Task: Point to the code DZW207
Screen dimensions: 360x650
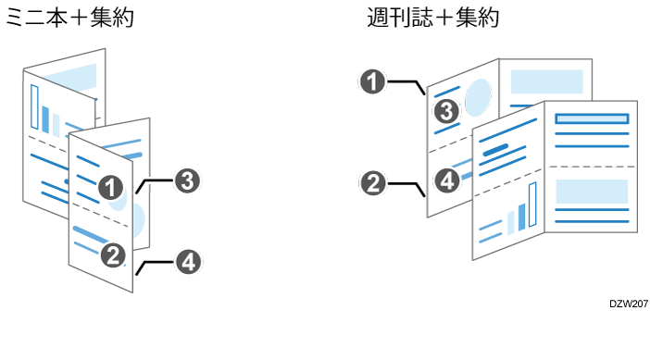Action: click(628, 303)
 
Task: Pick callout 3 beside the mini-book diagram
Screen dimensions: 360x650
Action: click(186, 181)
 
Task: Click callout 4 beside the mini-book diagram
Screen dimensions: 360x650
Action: click(186, 262)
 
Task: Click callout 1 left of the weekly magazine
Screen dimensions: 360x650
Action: click(371, 83)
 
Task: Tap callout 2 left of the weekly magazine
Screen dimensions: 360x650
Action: click(371, 182)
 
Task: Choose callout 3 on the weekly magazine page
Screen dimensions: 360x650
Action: click(446, 113)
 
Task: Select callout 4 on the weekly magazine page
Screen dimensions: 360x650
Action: click(446, 180)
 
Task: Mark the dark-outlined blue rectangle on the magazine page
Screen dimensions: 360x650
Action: click(592, 118)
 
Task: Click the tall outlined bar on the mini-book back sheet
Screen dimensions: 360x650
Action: click(35, 108)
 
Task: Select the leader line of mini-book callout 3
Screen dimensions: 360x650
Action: click(155, 184)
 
